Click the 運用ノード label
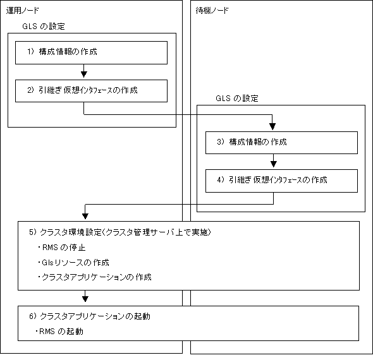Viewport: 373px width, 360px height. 22,11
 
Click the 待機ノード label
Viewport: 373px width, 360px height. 212,11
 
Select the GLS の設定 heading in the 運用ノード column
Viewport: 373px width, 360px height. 44,26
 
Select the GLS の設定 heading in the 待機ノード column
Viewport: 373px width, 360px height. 237,98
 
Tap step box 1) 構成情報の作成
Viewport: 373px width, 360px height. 91,52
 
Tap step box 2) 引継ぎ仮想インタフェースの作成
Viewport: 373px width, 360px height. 91,91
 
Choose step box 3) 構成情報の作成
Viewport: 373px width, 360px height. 281,143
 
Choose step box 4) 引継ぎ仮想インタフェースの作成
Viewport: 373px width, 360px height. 281,181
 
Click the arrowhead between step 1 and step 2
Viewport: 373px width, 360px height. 83,75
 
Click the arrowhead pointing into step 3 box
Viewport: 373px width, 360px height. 272,127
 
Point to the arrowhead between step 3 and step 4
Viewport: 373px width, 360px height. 274,164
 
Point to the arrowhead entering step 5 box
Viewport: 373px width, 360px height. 85,216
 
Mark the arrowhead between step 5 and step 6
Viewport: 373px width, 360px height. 85,299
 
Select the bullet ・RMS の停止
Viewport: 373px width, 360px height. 61,248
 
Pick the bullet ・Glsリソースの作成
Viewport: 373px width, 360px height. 73,262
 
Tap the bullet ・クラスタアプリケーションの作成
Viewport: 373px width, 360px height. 94,277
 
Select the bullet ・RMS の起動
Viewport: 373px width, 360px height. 59,331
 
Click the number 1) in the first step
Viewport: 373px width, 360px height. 31,51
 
